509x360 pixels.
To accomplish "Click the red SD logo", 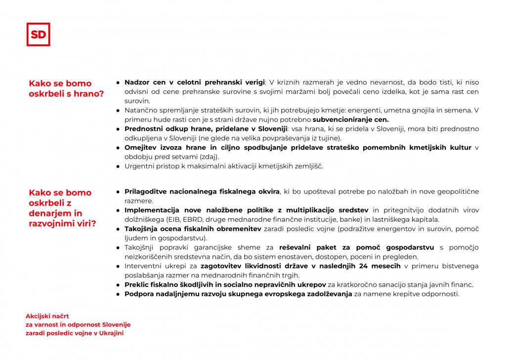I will click(38, 35).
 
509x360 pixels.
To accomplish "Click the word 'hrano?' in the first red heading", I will click(88, 94).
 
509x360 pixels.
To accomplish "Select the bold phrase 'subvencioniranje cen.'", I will click(351, 120).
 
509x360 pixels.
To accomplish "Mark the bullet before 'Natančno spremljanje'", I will click(118, 111).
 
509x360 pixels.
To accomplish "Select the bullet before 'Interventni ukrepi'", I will click(118, 266).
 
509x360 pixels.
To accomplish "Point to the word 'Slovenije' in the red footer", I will click(116, 324).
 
